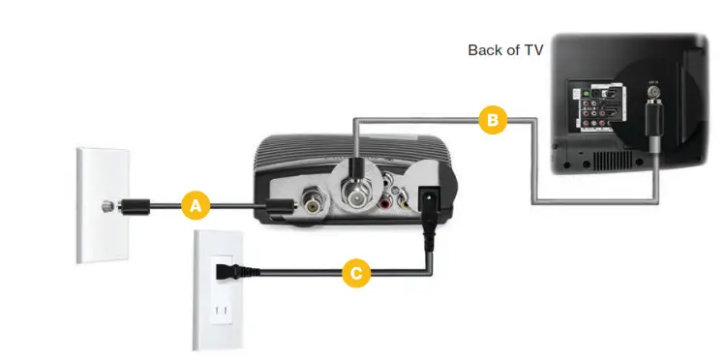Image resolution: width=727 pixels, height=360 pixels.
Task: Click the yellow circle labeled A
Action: (x=196, y=205)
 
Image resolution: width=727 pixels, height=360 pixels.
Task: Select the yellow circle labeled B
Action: (x=492, y=120)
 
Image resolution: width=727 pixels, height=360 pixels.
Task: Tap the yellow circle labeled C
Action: (x=356, y=274)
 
